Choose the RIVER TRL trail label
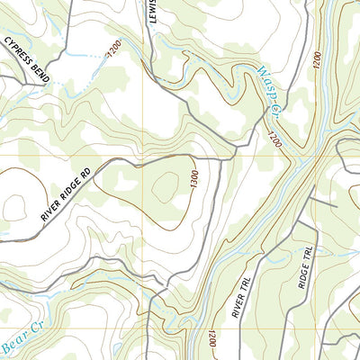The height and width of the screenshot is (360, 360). point(240,293)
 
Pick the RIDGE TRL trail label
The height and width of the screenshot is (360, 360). point(306,267)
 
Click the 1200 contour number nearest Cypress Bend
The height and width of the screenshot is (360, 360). point(113,52)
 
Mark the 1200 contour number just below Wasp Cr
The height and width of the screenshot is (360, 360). point(274,138)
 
